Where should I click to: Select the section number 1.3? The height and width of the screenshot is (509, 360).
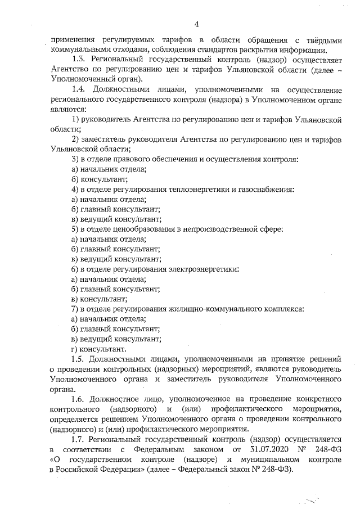click(79, 58)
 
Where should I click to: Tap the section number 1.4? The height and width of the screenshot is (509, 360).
click(79, 89)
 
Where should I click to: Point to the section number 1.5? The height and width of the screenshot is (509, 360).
click(79, 359)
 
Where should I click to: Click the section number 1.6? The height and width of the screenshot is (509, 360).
click(79, 399)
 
